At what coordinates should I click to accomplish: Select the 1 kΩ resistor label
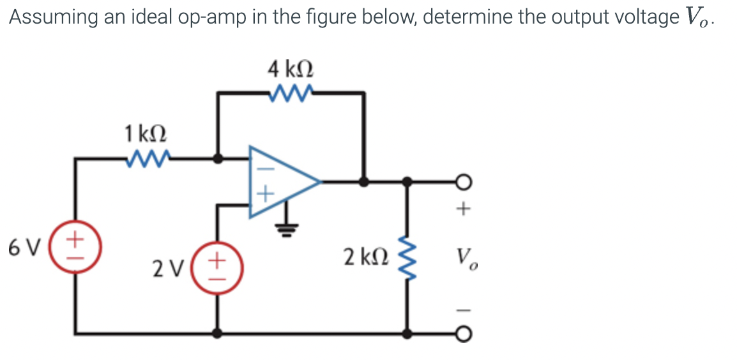click(146, 134)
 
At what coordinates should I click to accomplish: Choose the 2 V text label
click(167, 269)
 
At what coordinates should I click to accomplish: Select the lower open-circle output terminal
click(464, 333)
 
